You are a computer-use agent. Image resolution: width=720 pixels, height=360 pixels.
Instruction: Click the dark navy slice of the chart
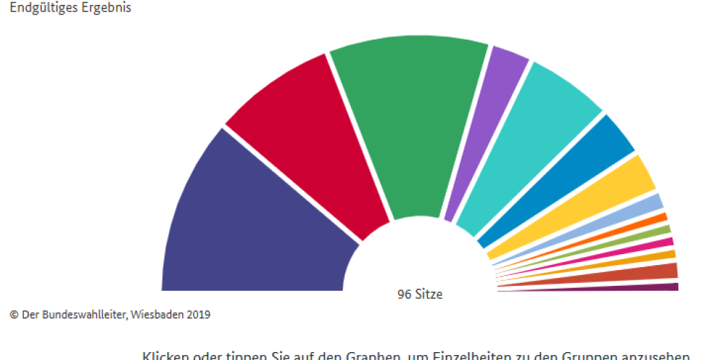click(245, 223)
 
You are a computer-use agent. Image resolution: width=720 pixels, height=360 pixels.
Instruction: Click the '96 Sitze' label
click(420, 294)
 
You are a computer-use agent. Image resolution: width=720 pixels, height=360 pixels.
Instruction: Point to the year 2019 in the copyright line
click(198, 315)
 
